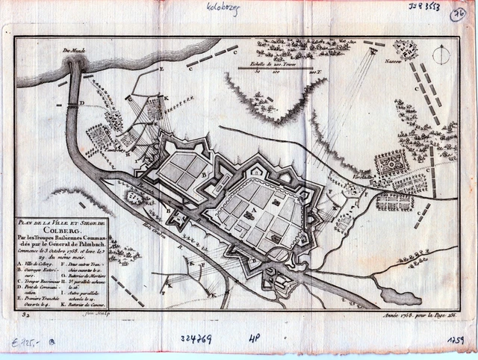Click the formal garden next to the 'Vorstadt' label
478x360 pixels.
click(x=391, y=163)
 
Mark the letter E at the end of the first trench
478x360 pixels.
click(x=161, y=69)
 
